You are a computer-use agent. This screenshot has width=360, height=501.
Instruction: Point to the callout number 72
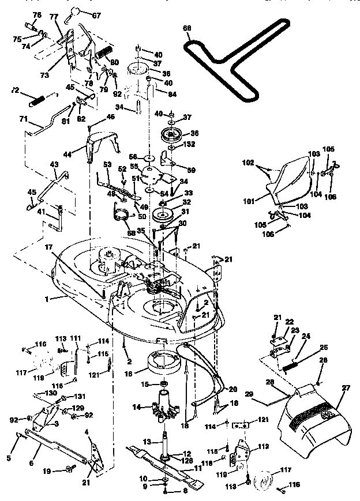pyautogui.click(x=16, y=91)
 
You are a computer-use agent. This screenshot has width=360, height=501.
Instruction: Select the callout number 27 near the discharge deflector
pyautogui.click(x=346, y=389)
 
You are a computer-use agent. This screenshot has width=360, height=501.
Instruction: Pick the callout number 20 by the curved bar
pyautogui.click(x=233, y=389)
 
